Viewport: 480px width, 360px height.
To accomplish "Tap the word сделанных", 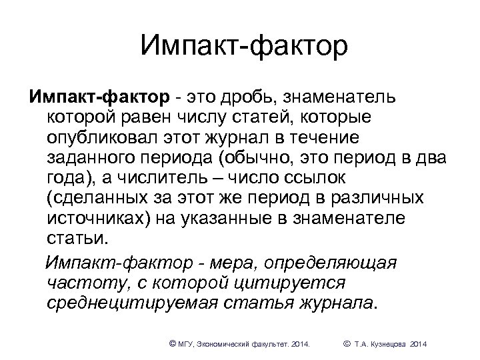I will click(x=101, y=199).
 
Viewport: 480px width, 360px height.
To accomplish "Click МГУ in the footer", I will click(x=186, y=344).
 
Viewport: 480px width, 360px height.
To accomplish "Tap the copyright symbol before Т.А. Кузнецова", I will click(x=346, y=343).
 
